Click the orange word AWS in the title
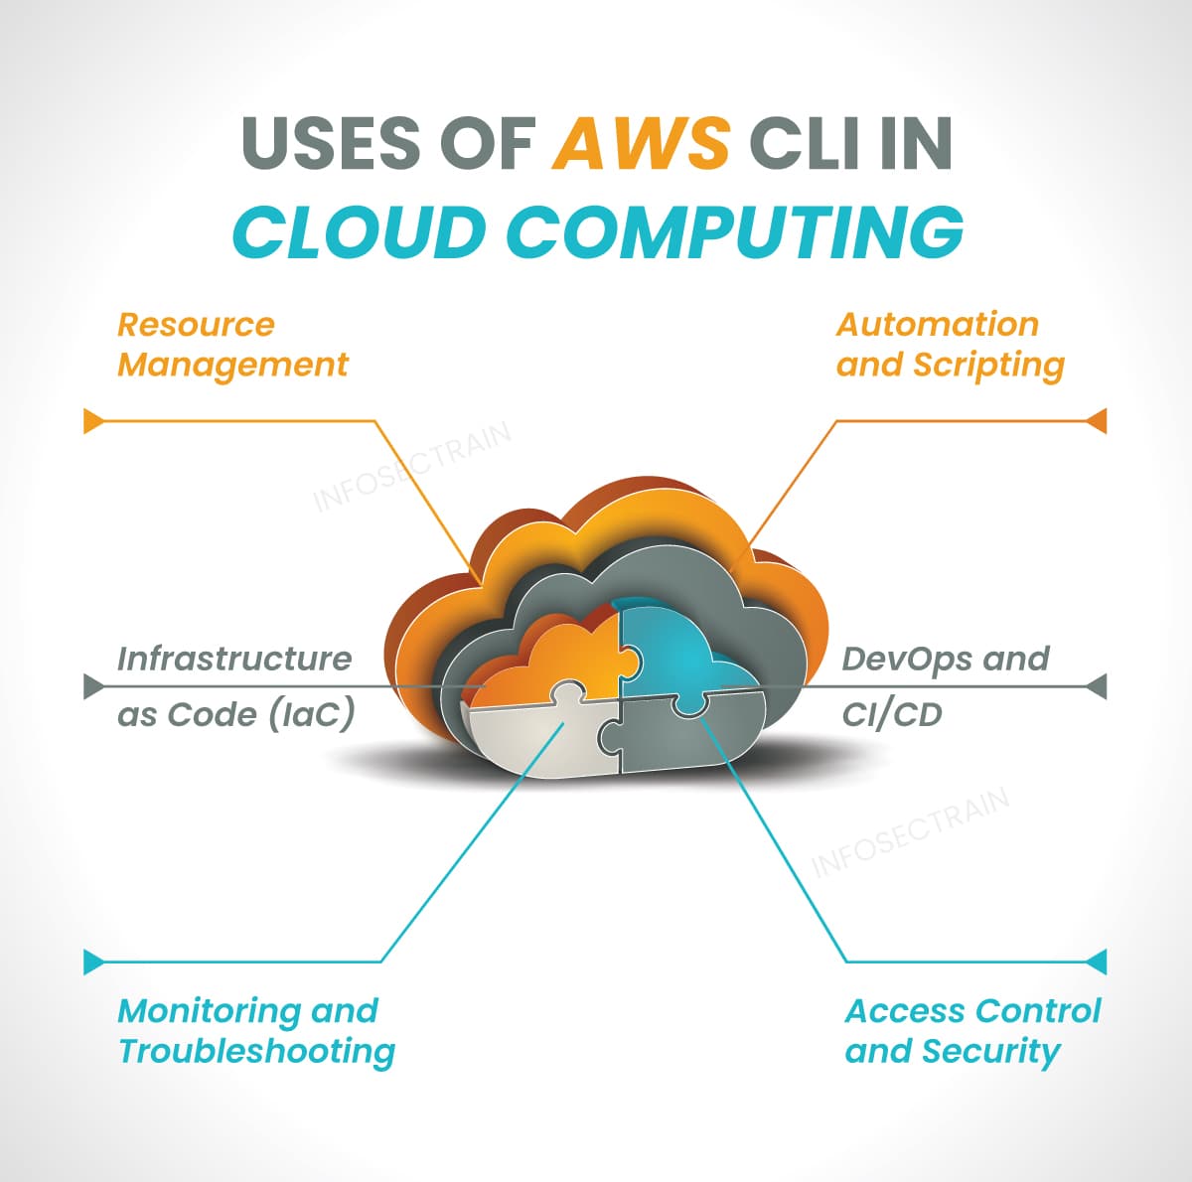coord(642,142)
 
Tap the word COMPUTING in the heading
coord(736,231)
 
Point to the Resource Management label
coord(232,345)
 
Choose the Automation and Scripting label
coord(950,345)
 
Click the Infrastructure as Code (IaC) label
coord(235,686)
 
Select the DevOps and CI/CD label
coord(944,686)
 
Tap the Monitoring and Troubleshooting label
coord(256,1031)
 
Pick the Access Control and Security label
coord(971,1031)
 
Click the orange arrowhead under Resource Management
coord(93,421)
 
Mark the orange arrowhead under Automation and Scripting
coord(1097,421)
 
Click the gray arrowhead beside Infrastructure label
coord(93,685)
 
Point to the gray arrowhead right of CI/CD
coord(1097,685)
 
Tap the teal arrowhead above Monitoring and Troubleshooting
coord(93,961)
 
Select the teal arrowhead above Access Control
coord(1097,961)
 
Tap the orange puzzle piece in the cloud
coord(556,656)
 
